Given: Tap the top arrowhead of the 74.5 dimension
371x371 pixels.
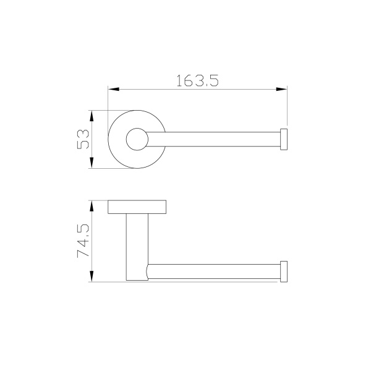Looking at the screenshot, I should [x=92, y=205].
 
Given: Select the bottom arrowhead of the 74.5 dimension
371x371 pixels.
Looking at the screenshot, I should [x=92, y=278].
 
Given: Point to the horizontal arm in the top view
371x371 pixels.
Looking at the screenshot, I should [x=216, y=140].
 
